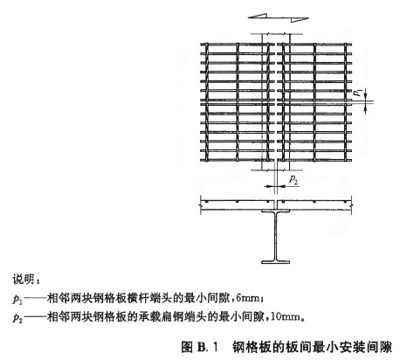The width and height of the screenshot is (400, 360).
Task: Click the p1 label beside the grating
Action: [x=359, y=93]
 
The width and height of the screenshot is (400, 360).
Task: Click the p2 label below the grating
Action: [x=293, y=179]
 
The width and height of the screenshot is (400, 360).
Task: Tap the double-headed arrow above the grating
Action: [x=278, y=17]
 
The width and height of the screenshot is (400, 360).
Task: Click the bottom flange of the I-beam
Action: [x=275, y=262]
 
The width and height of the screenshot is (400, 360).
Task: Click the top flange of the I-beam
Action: [x=275, y=211]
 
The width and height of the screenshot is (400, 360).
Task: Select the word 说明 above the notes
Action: [x=23, y=280]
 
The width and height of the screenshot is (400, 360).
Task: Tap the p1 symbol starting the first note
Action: [x=17, y=299]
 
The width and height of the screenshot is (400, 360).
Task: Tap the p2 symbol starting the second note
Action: [x=17, y=317]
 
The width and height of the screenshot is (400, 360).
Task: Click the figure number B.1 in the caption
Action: [x=208, y=347]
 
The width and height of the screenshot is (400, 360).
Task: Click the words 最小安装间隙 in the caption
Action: [x=352, y=347]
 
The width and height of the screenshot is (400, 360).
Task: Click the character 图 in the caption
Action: [x=187, y=347]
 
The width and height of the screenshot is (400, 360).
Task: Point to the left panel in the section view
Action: [x=238, y=204]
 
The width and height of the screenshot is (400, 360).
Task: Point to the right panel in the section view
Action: [x=314, y=204]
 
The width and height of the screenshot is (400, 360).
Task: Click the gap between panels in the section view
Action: [x=276, y=204]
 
